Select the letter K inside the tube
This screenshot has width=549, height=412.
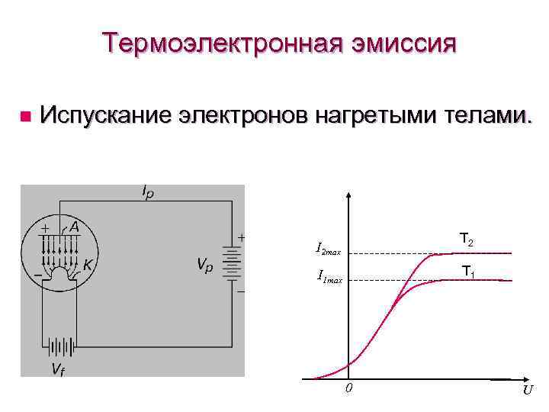tap(88, 265)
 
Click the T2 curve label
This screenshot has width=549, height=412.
tap(467, 241)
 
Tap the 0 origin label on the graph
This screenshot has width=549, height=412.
tap(348, 389)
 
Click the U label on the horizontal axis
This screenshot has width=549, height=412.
tap(528, 390)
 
